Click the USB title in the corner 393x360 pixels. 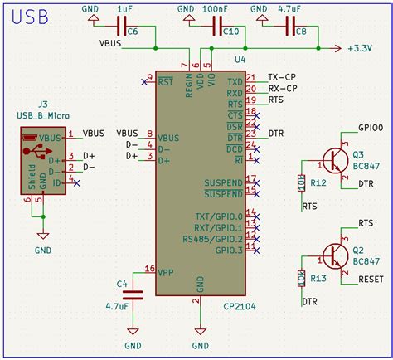coord(31,16)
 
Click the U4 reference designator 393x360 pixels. coord(240,60)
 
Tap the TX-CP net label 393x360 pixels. coord(282,76)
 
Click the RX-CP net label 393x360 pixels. coord(282,88)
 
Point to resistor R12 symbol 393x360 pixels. coord(300,182)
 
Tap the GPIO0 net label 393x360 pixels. coord(371,129)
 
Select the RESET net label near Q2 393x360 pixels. coord(371,280)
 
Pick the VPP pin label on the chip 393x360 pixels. coord(167,271)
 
